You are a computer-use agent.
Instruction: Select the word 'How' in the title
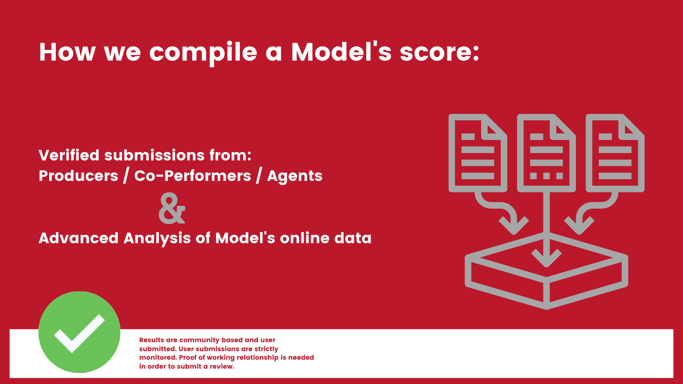tap(67, 52)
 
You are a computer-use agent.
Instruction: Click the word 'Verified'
tap(69, 155)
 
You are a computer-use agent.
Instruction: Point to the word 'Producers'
tap(79, 176)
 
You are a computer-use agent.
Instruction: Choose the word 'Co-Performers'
tap(193, 176)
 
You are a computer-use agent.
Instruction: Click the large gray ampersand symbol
tap(172, 208)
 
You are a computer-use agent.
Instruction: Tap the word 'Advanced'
tap(79, 238)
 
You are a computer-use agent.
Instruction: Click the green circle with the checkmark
tap(79, 332)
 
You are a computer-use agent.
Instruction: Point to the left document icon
tap(478, 153)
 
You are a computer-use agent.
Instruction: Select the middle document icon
tap(546, 153)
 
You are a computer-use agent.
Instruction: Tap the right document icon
tap(615, 153)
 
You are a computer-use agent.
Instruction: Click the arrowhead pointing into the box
tap(546, 258)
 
